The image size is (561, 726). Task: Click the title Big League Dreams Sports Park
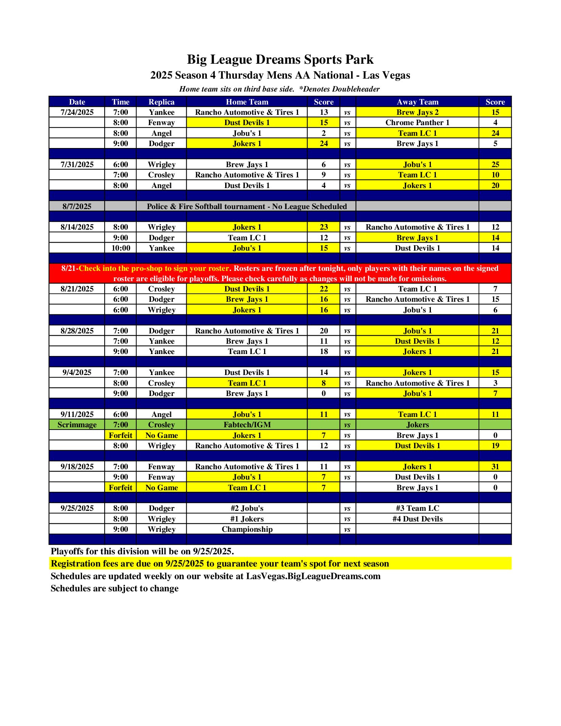[280, 60]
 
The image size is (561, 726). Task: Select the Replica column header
[161, 102]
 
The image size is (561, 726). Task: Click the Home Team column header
[247, 102]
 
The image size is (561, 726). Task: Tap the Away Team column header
[418, 102]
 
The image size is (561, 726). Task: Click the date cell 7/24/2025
[77, 112]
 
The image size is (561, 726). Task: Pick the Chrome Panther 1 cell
[418, 122]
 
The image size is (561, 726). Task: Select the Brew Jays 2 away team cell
[418, 112]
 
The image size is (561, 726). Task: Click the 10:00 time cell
[121, 248]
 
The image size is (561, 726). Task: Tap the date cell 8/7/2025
[77, 206]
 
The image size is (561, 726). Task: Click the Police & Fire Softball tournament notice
[247, 206]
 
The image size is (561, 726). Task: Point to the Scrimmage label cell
[77, 425]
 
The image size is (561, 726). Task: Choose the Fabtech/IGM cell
[247, 425]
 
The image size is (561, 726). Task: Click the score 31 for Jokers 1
[495, 467]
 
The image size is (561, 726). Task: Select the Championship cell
[247, 529]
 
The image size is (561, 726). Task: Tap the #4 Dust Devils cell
[418, 519]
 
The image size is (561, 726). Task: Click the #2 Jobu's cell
[247, 508]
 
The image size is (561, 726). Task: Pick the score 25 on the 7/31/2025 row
[495, 164]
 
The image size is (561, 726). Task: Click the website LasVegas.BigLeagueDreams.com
[313, 576]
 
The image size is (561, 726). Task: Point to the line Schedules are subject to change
[114, 588]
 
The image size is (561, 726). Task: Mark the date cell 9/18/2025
[77, 467]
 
